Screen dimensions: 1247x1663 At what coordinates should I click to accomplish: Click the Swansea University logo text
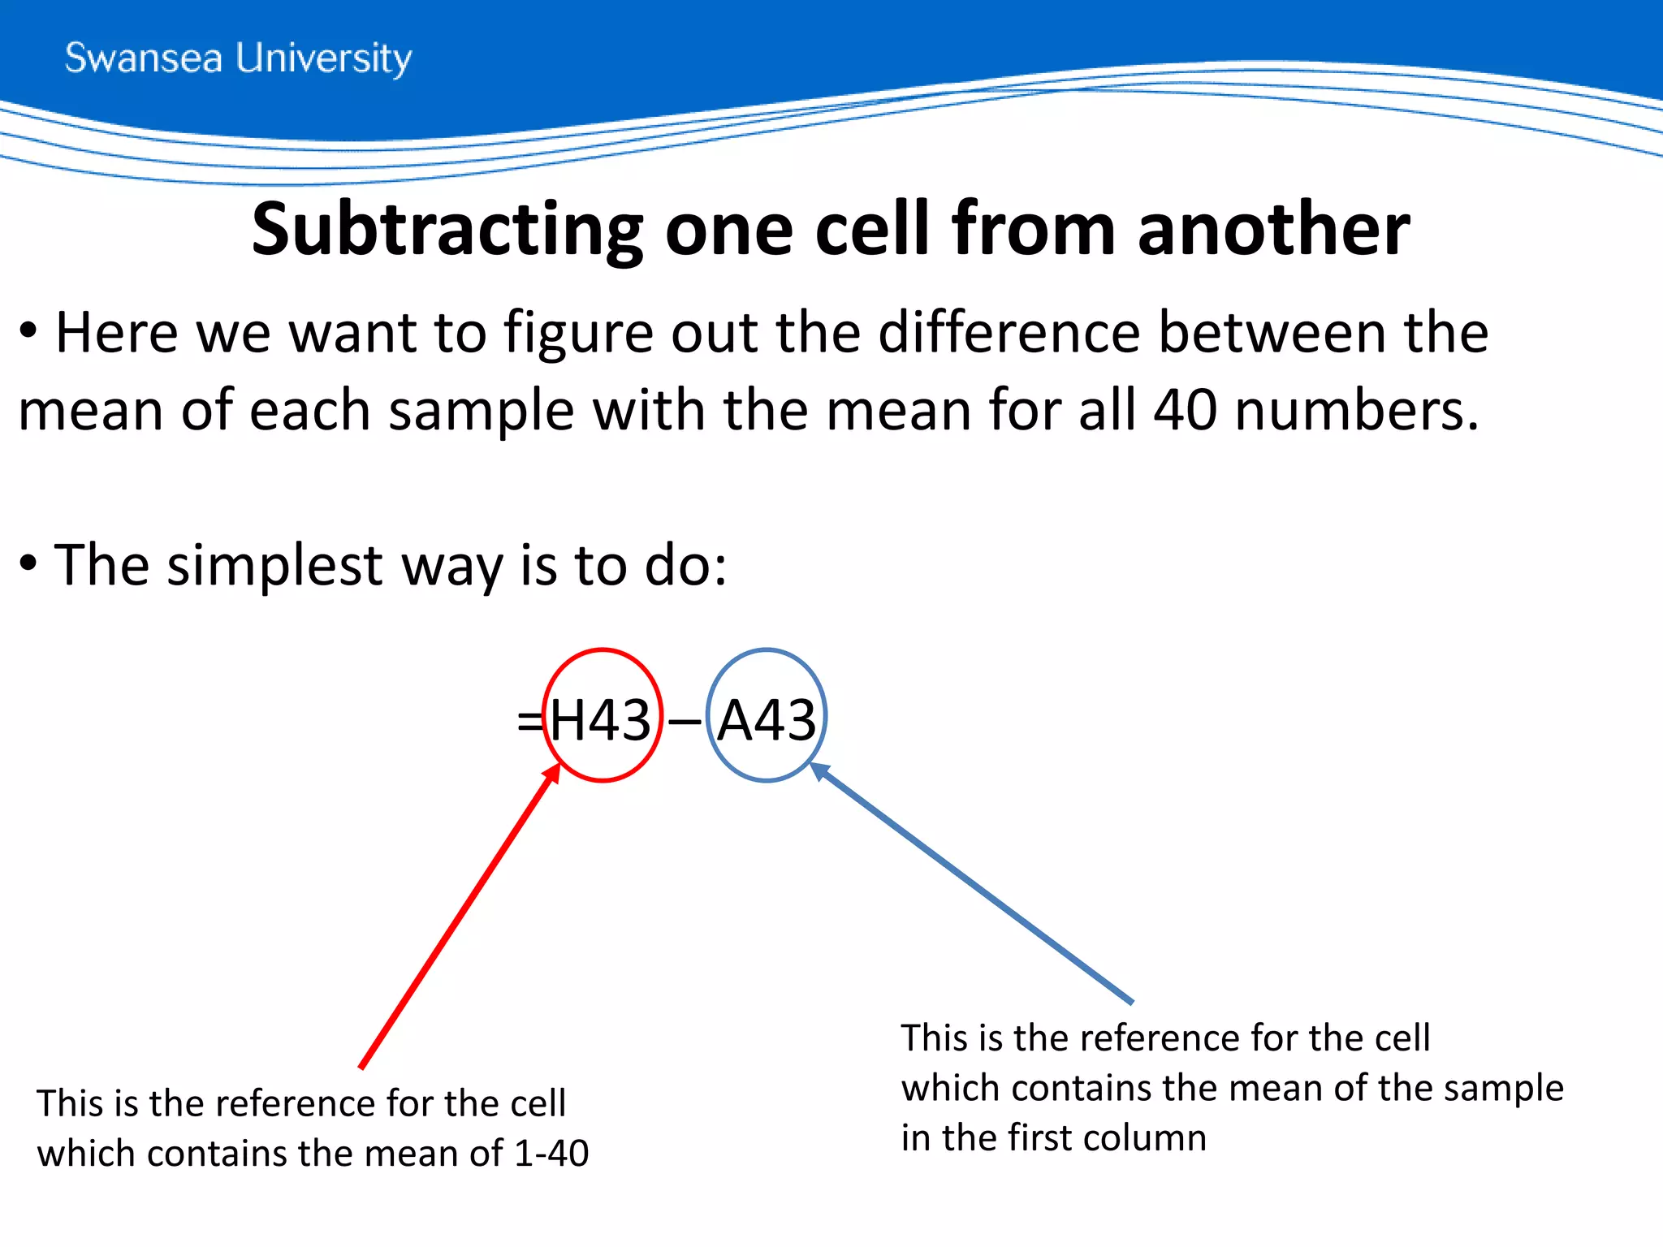pos(238,58)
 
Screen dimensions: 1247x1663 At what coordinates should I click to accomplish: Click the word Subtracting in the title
pos(447,230)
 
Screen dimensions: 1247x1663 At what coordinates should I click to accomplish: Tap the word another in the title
pos(1273,230)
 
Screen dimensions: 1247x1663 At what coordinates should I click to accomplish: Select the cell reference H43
pos(601,720)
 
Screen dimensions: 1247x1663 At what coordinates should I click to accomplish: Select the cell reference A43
pos(767,720)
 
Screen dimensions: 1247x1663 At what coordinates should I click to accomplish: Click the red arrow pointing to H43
pos(459,917)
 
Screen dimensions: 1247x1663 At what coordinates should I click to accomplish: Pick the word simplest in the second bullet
pos(274,565)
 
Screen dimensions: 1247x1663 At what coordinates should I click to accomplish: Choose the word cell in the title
pos(871,230)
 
